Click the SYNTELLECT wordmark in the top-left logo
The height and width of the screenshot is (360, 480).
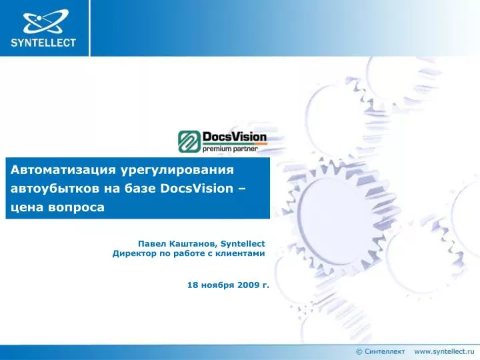pos(43,43)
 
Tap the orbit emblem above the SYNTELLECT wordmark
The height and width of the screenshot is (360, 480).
pos(43,21)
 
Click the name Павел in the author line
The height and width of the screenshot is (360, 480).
pos(151,244)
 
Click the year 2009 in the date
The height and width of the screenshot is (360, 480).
pos(247,285)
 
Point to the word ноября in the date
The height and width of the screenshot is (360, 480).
pos(217,285)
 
